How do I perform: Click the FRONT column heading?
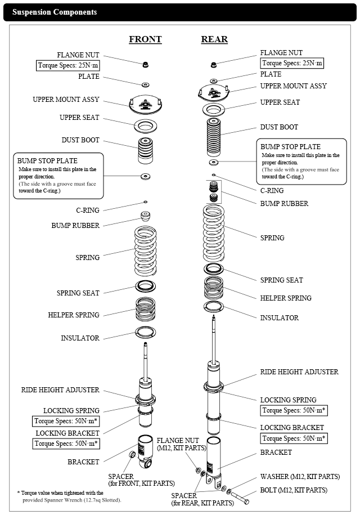click(145, 39)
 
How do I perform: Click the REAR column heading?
click(214, 39)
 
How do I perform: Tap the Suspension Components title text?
click(55, 12)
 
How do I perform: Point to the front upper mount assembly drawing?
click(145, 104)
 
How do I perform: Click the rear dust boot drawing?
click(214, 134)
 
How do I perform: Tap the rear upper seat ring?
click(214, 109)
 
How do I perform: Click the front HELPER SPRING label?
click(74, 315)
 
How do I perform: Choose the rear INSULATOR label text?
click(279, 318)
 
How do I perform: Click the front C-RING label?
click(88, 211)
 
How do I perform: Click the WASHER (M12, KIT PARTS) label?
click(300, 477)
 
